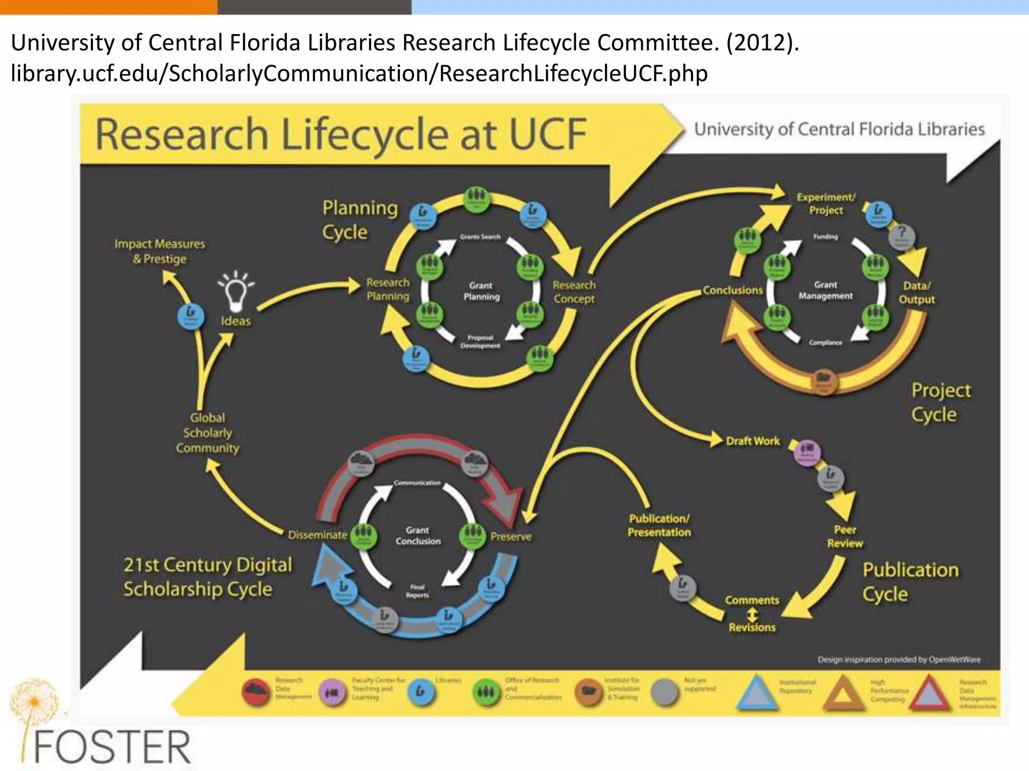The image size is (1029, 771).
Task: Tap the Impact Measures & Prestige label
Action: pos(160,251)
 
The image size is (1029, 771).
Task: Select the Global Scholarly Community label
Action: pos(208,433)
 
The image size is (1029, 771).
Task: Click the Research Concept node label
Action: pos(574,292)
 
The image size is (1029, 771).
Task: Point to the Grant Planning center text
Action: pos(481,291)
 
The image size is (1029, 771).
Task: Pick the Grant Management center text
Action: pos(826,290)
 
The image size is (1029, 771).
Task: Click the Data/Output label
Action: pos(916,292)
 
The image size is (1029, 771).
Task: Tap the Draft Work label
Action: pos(753,441)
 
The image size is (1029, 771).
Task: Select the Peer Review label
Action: pos(845,536)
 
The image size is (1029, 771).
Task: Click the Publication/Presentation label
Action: pos(659,525)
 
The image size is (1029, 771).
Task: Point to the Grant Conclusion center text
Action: pos(418,536)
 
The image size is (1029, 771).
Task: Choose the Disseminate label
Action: pos(318,535)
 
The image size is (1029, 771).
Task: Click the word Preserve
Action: pos(511,537)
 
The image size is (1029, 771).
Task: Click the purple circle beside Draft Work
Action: pos(807,452)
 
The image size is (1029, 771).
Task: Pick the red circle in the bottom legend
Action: pos(256,692)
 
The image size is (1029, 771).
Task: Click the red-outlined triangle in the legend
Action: pos(930,695)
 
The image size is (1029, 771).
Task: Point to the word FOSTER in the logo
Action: pos(113,747)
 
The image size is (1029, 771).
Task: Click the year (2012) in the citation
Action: pos(762,42)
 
